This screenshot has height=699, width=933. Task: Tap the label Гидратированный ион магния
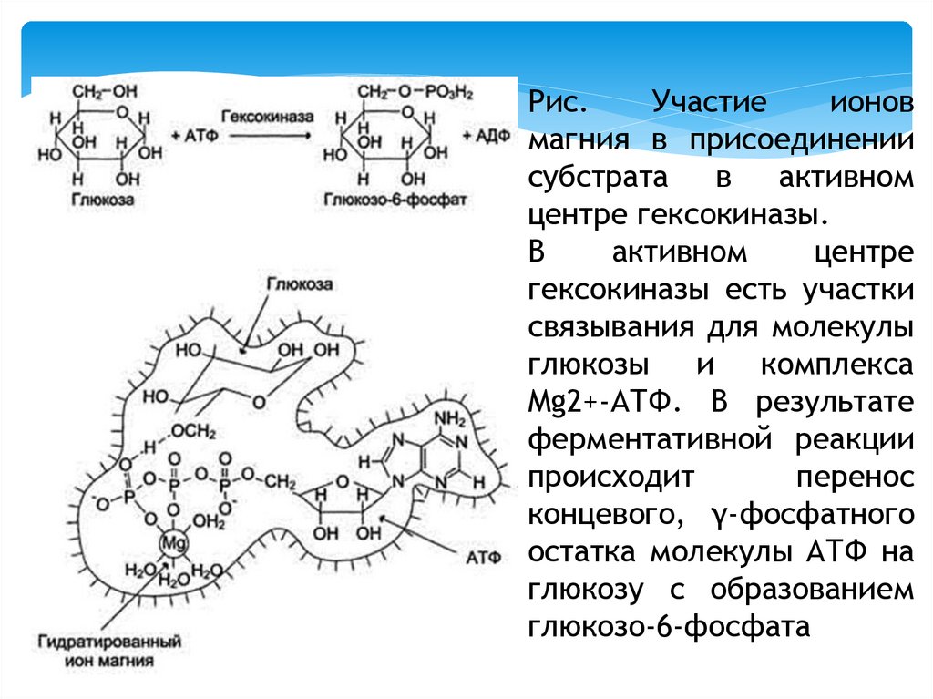point(110,651)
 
